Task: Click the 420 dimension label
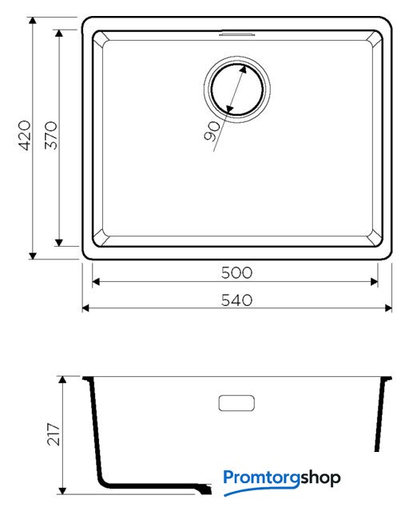tap(26, 136)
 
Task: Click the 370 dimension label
tap(51, 136)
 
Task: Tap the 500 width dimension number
tap(236, 273)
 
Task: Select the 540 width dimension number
tap(236, 300)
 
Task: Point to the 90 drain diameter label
tap(212, 131)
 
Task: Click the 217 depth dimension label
tap(54, 434)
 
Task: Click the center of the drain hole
tap(237, 89)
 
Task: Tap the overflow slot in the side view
tap(236, 403)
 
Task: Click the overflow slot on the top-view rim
tap(236, 34)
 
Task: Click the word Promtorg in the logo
tap(261, 478)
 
